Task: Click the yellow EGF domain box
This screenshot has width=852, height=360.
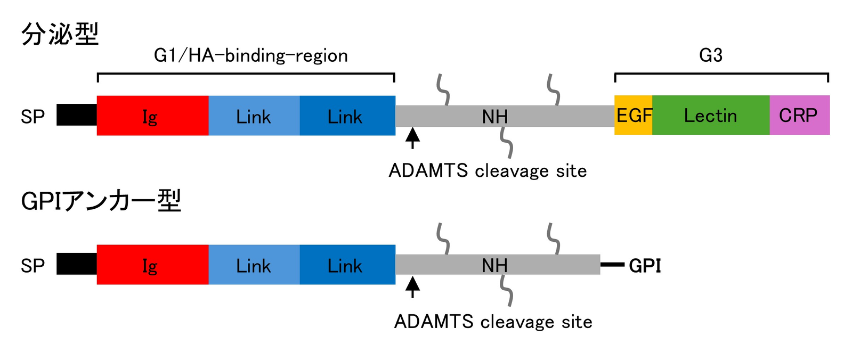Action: pyautogui.click(x=633, y=115)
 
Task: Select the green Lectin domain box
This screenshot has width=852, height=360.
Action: pyautogui.click(x=711, y=115)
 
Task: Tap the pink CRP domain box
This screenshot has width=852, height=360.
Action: pyautogui.click(x=799, y=115)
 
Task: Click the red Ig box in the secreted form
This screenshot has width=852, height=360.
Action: pyautogui.click(x=152, y=116)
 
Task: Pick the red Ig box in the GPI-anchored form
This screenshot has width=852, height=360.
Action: pyautogui.click(x=152, y=265)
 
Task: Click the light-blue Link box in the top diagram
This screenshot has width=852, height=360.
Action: pyautogui.click(x=254, y=116)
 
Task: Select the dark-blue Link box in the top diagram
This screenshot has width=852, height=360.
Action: pyautogui.click(x=347, y=116)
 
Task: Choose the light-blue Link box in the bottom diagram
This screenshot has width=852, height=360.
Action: pyautogui.click(x=254, y=265)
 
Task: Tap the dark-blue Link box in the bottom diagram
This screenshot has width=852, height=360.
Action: pyautogui.click(x=347, y=265)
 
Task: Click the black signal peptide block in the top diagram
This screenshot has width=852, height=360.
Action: pyautogui.click(x=77, y=115)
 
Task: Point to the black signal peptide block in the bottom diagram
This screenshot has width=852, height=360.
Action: pyautogui.click(x=77, y=264)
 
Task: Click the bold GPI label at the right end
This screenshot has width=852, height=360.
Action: pyautogui.click(x=645, y=265)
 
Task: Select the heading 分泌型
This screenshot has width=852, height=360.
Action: pyautogui.click(x=60, y=34)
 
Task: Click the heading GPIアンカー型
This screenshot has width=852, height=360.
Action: pyautogui.click(x=101, y=201)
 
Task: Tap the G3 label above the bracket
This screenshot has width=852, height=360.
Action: pyautogui.click(x=711, y=55)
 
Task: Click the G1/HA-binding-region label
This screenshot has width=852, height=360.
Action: pyautogui.click(x=250, y=55)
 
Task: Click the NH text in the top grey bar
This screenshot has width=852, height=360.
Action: pyautogui.click(x=495, y=117)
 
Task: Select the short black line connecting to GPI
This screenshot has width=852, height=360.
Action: pyautogui.click(x=612, y=264)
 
